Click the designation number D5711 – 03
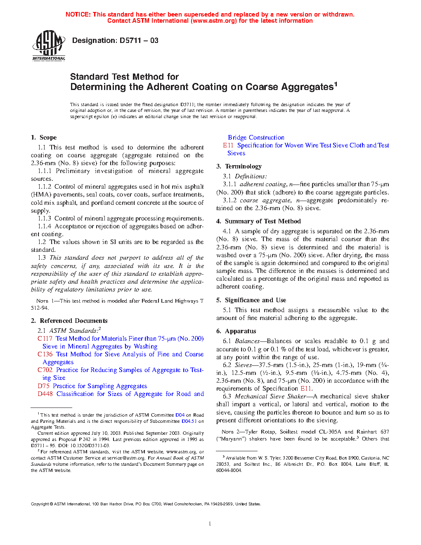click(x=139, y=40)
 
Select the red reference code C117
click(x=45, y=339)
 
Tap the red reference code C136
click(x=45, y=354)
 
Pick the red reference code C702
click(x=45, y=370)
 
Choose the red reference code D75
click(x=43, y=386)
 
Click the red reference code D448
click(x=45, y=394)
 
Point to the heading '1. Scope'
click(x=44, y=137)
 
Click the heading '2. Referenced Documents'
click(x=69, y=321)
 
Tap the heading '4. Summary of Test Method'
click(x=258, y=221)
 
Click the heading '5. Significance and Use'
click(x=251, y=300)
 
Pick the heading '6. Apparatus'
click(x=236, y=331)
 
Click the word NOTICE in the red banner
click(x=78, y=14)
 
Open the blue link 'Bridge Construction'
click(x=256, y=137)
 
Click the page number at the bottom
click(x=210, y=524)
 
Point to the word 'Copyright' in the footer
click(x=40, y=504)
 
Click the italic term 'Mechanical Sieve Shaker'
click(x=270, y=396)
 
